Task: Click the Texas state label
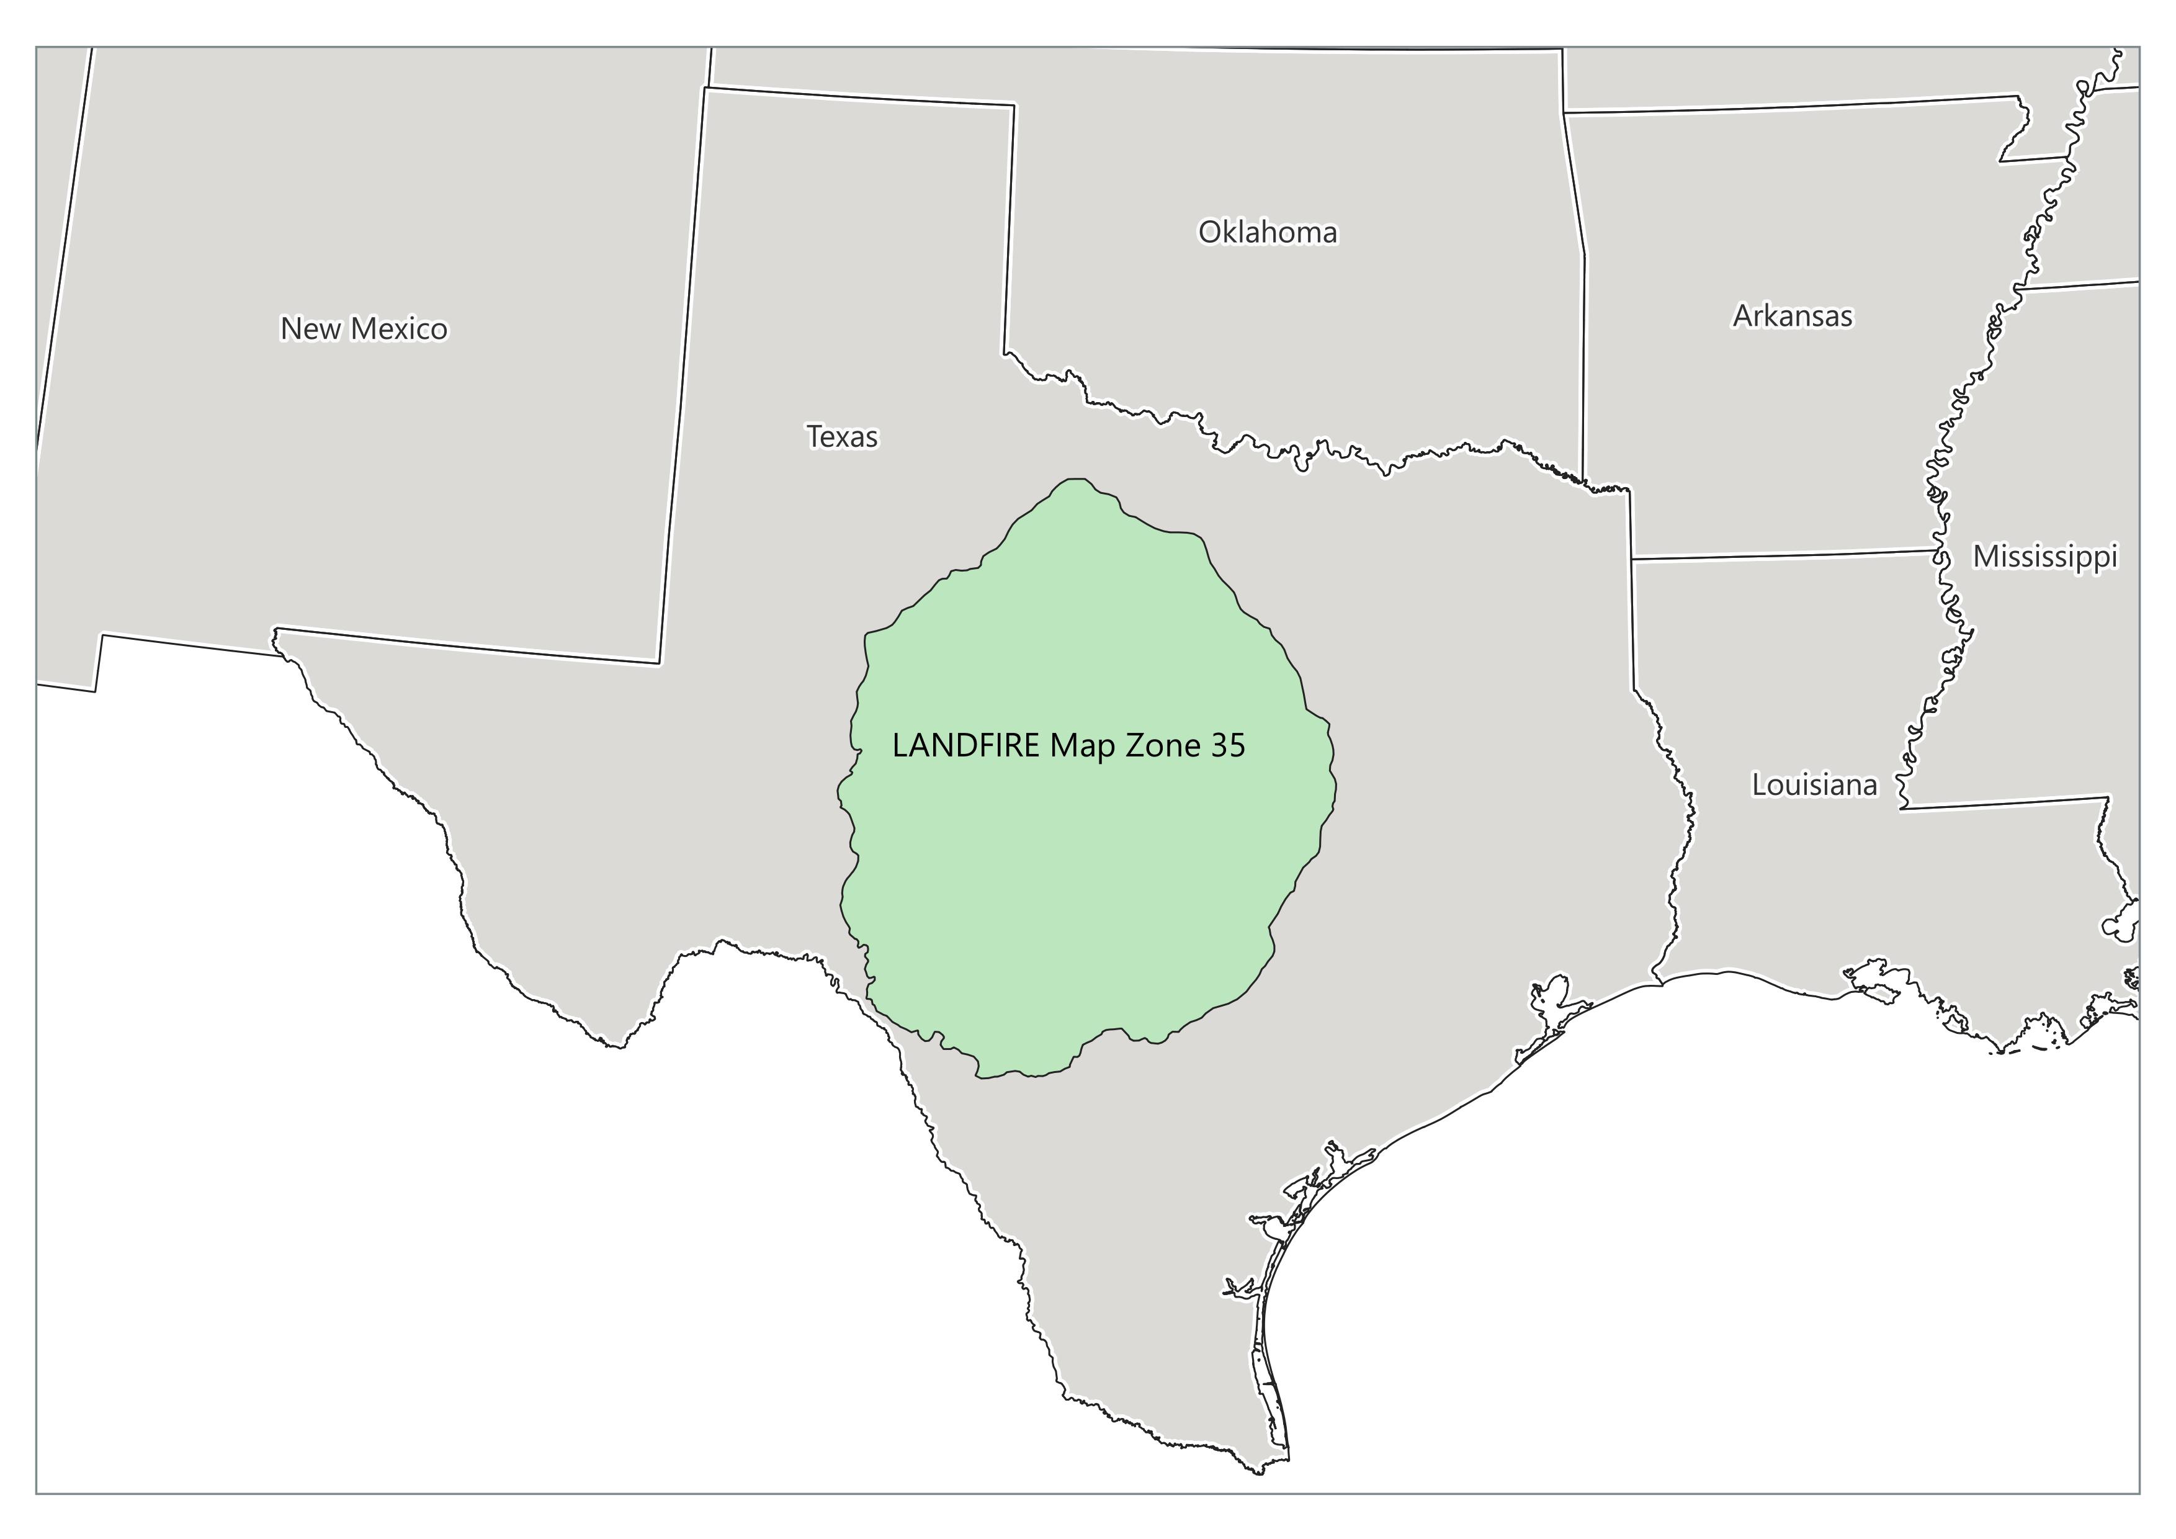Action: click(841, 437)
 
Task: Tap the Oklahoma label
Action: click(1267, 232)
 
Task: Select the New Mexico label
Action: click(364, 329)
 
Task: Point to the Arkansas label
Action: click(1792, 316)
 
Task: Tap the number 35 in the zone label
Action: click(1227, 746)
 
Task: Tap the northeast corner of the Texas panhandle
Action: click(1014, 105)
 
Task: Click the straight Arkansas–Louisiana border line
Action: click(1782, 554)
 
